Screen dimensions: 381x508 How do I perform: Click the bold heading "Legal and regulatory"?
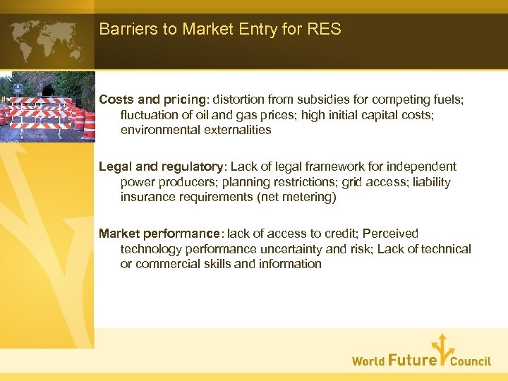click(160, 167)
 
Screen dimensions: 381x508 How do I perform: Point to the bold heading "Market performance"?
click(159, 234)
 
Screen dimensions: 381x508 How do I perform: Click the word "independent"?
click(423, 167)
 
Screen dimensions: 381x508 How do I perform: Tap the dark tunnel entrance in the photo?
click(47, 90)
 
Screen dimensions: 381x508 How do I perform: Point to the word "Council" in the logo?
click(471, 361)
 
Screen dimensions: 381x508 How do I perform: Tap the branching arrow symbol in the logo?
click(442, 350)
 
